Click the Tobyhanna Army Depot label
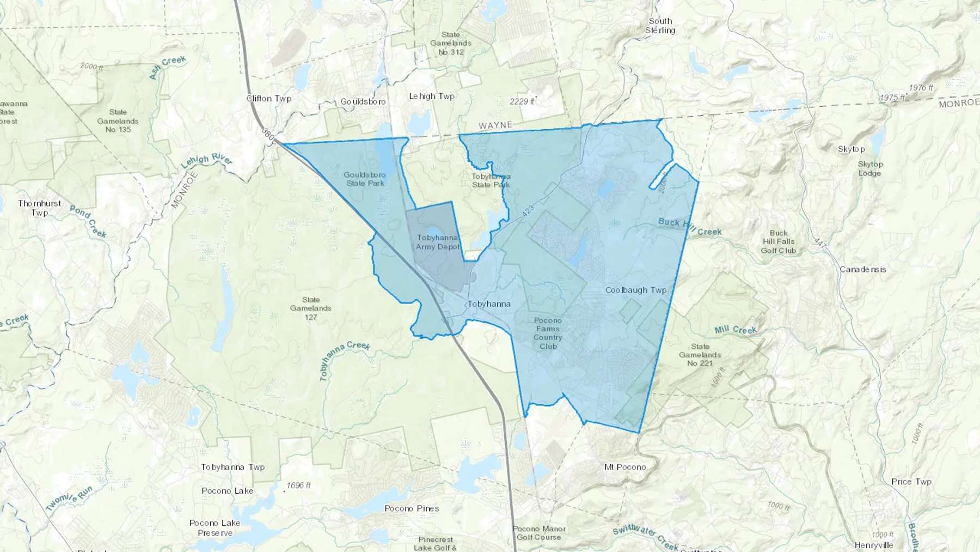(x=438, y=242)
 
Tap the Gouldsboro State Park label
(x=365, y=179)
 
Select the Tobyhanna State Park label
(x=491, y=180)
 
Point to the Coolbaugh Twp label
(x=635, y=290)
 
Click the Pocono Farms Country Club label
(x=548, y=333)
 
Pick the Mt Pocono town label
(x=625, y=467)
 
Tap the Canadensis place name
(x=862, y=269)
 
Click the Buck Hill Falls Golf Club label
(x=779, y=241)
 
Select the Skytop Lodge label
(x=870, y=168)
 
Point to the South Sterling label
(x=660, y=26)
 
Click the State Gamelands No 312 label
(x=451, y=43)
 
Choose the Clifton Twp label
(x=268, y=99)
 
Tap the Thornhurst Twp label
(x=40, y=208)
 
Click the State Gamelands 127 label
(x=311, y=308)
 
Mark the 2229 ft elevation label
(x=522, y=101)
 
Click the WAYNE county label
(x=495, y=125)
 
